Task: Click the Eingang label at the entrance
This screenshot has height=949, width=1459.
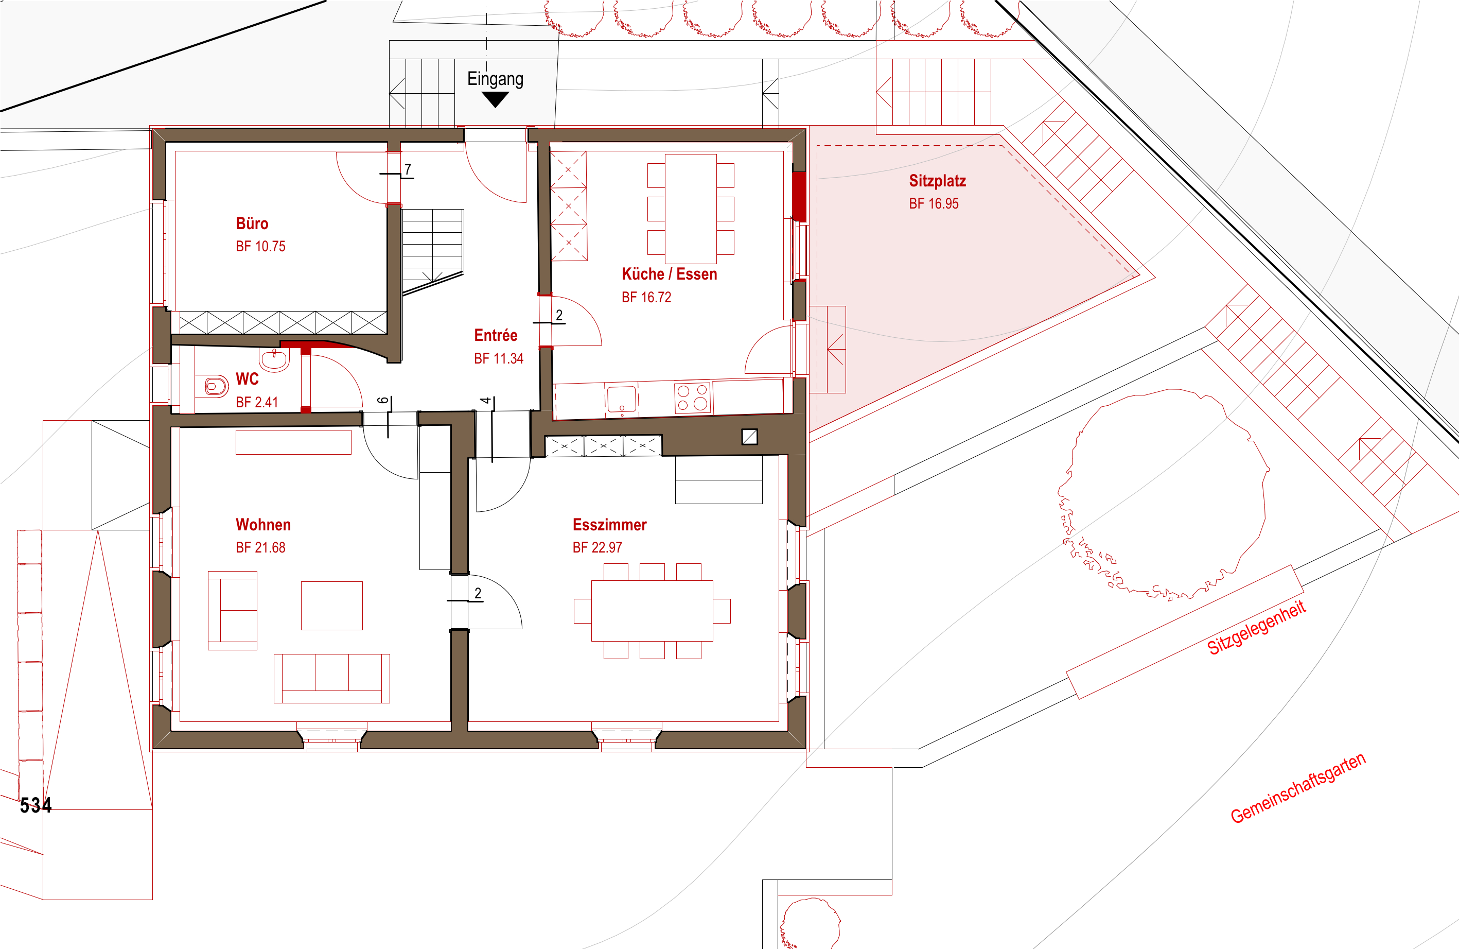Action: [x=495, y=79]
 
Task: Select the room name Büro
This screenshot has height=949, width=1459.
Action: [x=252, y=223]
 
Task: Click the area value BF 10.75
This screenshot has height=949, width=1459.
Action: [x=260, y=247]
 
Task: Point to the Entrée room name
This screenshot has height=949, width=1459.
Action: [x=495, y=336]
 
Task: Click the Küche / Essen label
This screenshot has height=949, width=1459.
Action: [x=670, y=274]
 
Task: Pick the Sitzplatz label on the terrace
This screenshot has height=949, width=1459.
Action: [x=937, y=181]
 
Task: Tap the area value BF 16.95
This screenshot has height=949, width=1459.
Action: [x=934, y=204]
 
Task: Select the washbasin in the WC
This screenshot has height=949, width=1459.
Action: [x=274, y=359]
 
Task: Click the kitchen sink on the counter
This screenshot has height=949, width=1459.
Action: [x=622, y=398]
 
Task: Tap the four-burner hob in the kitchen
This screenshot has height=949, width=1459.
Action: [x=692, y=397]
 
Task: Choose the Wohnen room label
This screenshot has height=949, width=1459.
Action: [x=263, y=525]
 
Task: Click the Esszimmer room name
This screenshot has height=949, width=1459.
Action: [x=609, y=525]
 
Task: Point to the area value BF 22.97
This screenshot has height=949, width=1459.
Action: [x=597, y=548]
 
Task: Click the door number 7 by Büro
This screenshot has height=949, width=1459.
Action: [x=408, y=169]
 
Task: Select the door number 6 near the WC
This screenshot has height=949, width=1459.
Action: [x=383, y=401]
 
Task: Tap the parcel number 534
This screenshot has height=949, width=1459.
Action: [x=36, y=805]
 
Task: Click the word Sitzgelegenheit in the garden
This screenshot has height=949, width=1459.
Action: [x=1257, y=628]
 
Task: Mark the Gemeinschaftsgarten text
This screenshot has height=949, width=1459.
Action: [x=1298, y=788]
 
